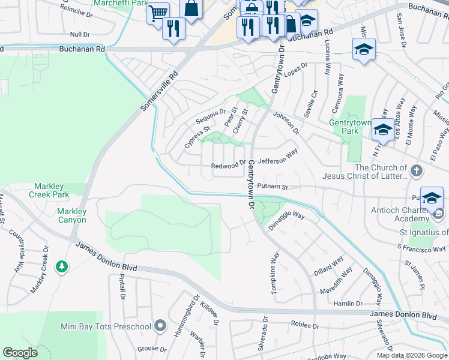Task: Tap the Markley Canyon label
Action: point(71,215)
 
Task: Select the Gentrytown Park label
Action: point(351,127)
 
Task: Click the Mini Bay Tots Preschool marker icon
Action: point(160,326)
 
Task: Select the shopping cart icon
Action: point(158,13)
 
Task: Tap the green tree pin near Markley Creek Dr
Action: point(61,266)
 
